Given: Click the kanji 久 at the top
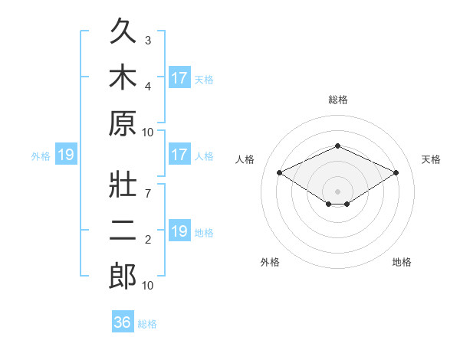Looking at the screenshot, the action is click(123, 31).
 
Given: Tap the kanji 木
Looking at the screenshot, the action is click(123, 77).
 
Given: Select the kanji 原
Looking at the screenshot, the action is click(123, 123).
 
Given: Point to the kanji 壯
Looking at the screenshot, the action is click(123, 184).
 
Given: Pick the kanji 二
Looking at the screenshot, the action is click(123, 230).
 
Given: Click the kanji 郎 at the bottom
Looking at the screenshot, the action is click(123, 276).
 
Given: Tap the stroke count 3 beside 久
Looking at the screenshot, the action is click(148, 40).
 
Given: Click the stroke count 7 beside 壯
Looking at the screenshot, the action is click(148, 193).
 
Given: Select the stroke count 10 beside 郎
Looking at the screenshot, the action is click(147, 285).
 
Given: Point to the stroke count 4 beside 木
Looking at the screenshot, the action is click(148, 87).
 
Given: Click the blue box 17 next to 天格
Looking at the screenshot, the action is click(179, 77).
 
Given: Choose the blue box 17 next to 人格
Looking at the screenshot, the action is click(179, 154).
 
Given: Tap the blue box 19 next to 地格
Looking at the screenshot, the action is click(179, 230).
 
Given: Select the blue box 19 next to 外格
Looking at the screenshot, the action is click(66, 154).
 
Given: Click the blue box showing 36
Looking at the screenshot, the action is click(123, 321).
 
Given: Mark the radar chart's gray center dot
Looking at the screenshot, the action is click(337, 191).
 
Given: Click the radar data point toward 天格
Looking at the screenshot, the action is click(396, 172).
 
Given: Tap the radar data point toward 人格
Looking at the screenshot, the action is click(280, 172).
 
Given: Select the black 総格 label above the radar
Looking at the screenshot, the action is click(338, 100).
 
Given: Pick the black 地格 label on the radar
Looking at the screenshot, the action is click(402, 262).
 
